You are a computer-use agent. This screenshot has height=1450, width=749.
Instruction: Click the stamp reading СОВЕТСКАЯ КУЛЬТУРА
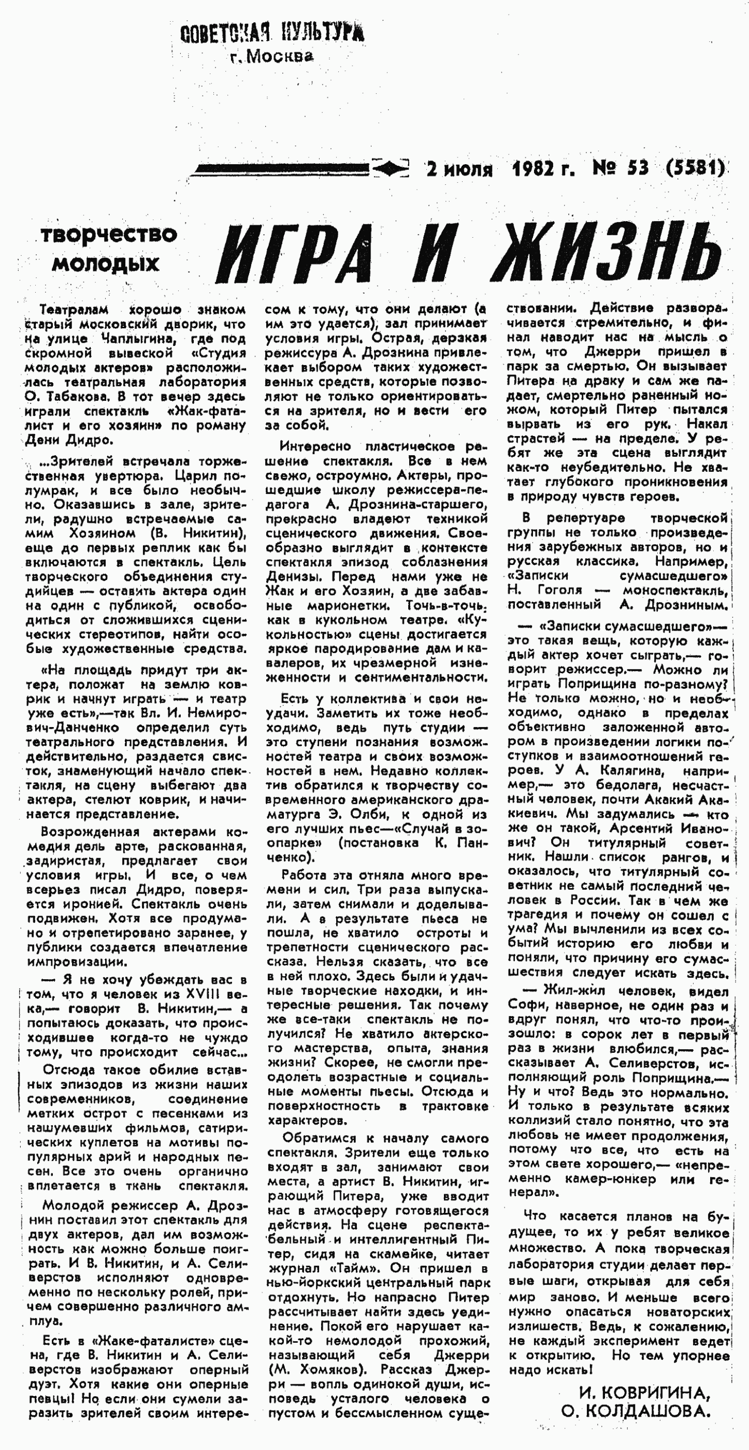tap(272, 33)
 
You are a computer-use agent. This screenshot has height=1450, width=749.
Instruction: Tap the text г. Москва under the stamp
tap(271, 56)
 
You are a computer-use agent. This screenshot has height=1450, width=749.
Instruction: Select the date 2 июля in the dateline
tap(459, 168)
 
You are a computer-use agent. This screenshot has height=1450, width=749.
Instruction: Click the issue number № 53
tap(621, 168)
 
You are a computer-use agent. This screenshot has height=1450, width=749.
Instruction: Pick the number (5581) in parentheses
tap(695, 168)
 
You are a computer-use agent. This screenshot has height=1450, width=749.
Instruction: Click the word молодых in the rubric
tap(106, 264)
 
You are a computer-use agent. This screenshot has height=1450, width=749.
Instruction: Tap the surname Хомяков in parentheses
tap(327, 1370)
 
